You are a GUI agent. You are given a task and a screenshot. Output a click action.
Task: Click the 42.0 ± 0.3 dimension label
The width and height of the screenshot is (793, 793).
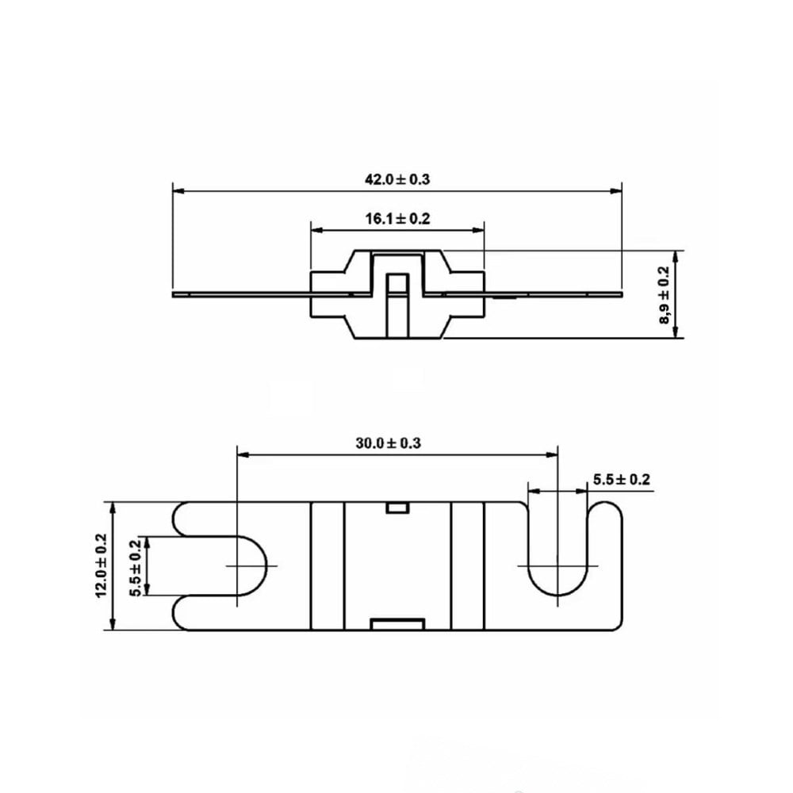[x=397, y=179]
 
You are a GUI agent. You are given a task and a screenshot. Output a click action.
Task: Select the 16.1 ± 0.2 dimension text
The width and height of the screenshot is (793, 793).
[x=397, y=219]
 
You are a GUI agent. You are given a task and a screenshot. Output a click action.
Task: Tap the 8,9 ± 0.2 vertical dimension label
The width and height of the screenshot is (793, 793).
[x=664, y=294]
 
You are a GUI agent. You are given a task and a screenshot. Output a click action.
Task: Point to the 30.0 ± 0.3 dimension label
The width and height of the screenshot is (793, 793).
[x=388, y=443]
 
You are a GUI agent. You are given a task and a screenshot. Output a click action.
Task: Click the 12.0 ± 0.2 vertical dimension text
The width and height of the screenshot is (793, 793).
[x=102, y=565]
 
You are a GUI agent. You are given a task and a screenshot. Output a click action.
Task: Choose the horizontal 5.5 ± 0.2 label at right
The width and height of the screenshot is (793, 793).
[x=622, y=480]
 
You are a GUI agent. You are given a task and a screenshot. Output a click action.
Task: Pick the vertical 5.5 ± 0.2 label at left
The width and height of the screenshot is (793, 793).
[x=135, y=568]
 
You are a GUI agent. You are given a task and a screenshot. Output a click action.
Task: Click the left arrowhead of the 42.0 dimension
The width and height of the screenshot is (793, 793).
[x=178, y=191]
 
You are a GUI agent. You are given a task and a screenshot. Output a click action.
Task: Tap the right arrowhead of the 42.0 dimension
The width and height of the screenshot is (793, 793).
[x=616, y=191]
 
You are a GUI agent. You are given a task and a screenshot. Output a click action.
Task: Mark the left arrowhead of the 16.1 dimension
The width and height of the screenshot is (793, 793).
[x=316, y=231]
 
